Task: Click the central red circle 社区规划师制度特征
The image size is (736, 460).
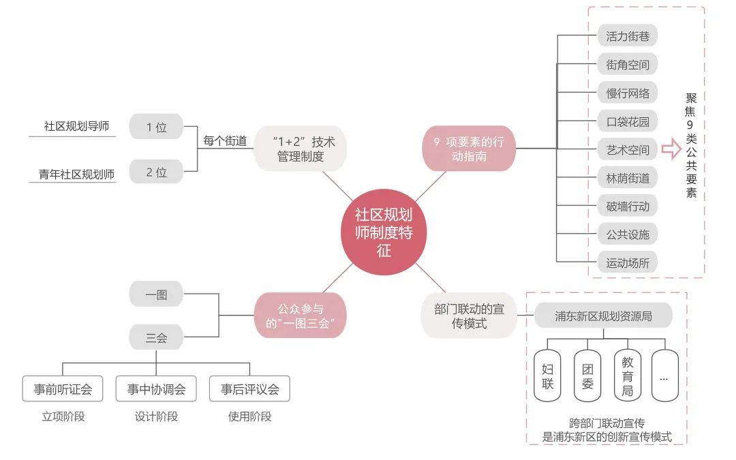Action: click(x=384, y=232)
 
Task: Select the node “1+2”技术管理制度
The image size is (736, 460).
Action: click(x=301, y=149)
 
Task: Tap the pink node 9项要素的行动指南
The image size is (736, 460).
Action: click(x=469, y=149)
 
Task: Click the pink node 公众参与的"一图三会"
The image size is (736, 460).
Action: click(x=301, y=316)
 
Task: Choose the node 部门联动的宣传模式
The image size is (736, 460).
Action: click(x=469, y=316)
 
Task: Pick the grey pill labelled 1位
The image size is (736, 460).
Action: click(x=156, y=126)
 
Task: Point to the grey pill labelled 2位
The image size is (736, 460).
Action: click(x=156, y=172)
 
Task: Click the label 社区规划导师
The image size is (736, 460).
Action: click(x=76, y=126)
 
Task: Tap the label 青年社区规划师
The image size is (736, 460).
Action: click(x=76, y=174)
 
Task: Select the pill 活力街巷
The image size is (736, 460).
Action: click(x=627, y=35)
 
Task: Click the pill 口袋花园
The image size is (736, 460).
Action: click(x=627, y=121)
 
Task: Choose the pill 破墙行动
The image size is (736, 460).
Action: click(x=627, y=206)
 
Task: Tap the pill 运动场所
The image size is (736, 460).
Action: click(x=627, y=263)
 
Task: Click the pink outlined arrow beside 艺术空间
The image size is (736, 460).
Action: click(x=671, y=149)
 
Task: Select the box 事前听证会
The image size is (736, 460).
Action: click(x=63, y=388)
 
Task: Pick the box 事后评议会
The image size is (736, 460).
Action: click(x=249, y=388)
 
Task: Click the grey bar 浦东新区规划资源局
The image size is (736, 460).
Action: click(x=603, y=316)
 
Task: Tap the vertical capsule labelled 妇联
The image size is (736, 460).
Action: click(x=547, y=376)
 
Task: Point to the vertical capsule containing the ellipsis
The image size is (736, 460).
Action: click(x=664, y=376)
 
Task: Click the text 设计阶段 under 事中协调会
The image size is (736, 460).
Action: click(x=156, y=416)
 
